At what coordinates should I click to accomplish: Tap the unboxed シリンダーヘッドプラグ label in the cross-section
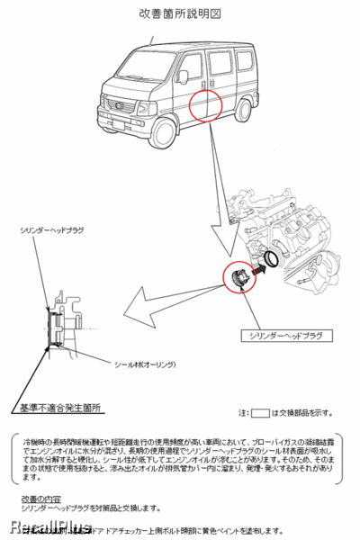pos(51,231)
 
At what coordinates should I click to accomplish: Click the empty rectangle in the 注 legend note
pos(260,413)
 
